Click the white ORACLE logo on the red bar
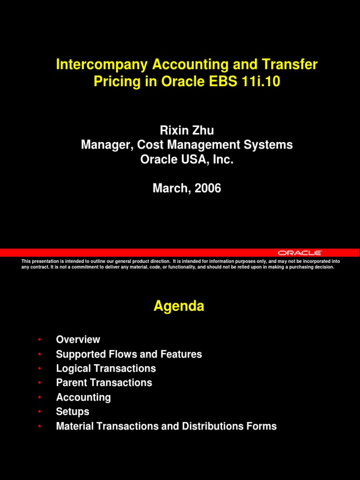pos(300,253)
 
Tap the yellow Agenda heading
pos(179,307)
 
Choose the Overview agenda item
pos(78,339)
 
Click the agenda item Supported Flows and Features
pos(129,354)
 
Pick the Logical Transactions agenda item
pos(106,368)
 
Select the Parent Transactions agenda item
pos(104,382)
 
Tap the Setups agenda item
pos(73,412)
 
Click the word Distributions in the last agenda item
pos(213,426)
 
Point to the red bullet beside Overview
pos(40,339)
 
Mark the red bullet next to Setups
pos(40,412)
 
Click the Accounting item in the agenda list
pos(83,397)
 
